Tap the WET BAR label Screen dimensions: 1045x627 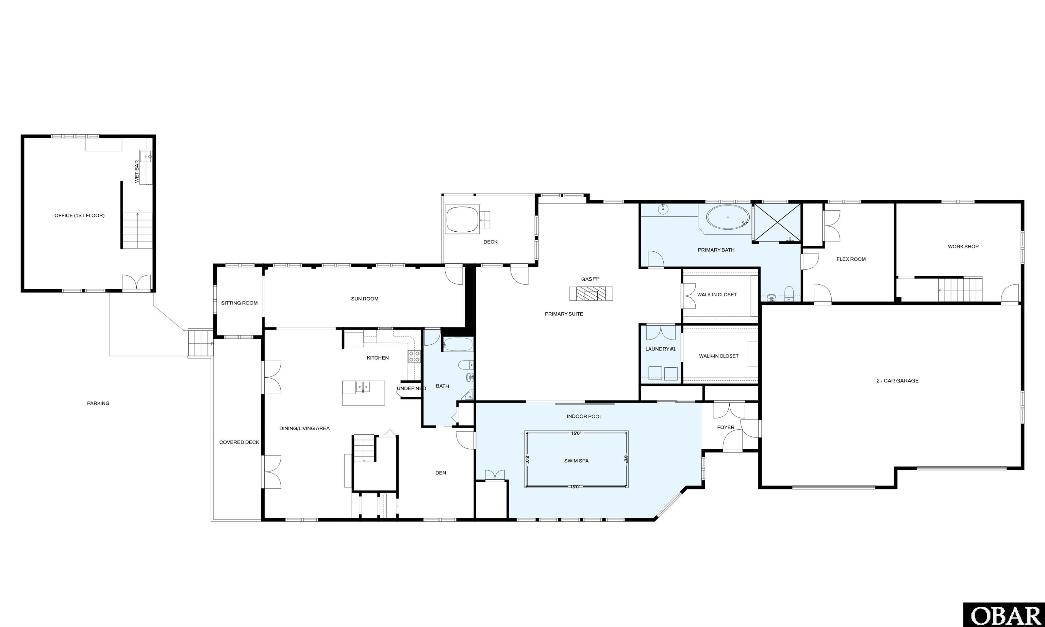[x=137, y=171]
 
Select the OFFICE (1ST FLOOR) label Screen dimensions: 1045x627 [x=79, y=215]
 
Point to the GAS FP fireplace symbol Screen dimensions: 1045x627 [x=591, y=293]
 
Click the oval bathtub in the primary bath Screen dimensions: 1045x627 [x=728, y=217]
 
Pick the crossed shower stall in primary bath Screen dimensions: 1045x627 [x=777, y=222]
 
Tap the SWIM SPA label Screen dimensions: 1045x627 [x=576, y=461]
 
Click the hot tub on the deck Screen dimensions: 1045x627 [x=463, y=219]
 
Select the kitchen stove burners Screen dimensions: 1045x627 [x=414, y=356]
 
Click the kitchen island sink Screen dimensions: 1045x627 [x=362, y=386]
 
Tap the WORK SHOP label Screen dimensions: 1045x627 [x=963, y=246]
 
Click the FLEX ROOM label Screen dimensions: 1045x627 [x=851, y=259]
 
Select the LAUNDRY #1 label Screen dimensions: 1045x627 [x=661, y=349]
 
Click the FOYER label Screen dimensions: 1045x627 [x=726, y=427]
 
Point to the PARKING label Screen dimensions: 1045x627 [x=98, y=403]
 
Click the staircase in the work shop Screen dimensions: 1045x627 [x=960, y=290]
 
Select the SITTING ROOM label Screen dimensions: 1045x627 [x=239, y=303]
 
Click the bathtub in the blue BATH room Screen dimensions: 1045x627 [x=458, y=344]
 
